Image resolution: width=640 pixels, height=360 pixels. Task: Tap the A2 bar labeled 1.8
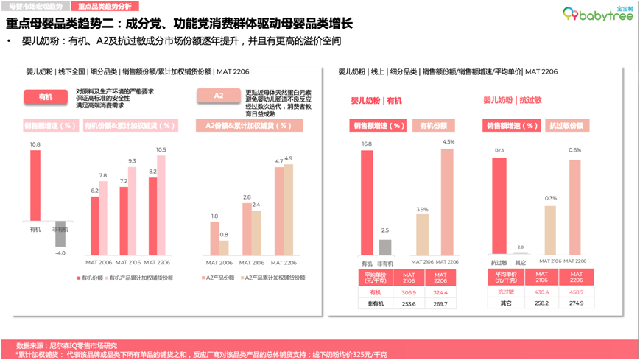[x=214, y=241]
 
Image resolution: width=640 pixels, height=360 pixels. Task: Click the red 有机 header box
[x=46, y=97]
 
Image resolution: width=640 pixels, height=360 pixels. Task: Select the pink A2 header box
[x=218, y=97]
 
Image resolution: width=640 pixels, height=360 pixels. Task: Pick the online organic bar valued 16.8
[x=367, y=202]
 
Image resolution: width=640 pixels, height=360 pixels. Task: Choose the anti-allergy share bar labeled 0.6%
[x=574, y=208]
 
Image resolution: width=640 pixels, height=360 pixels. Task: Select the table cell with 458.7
[x=576, y=292]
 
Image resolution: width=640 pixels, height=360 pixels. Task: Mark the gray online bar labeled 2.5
[x=385, y=248]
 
